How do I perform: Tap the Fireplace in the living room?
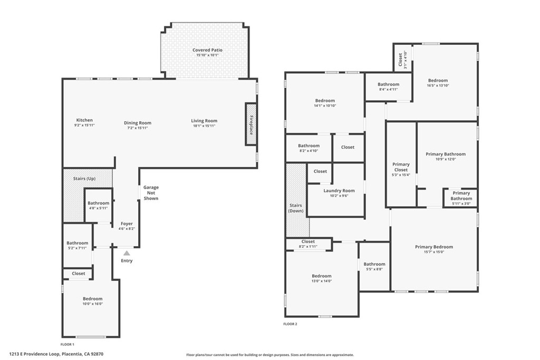[x=250, y=124]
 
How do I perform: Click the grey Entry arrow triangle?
[x=127, y=254]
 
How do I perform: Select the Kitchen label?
[x=84, y=120]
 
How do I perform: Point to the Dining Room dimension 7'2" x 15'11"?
[x=138, y=128]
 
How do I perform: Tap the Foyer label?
[x=127, y=223]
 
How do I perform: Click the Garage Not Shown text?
[x=151, y=193]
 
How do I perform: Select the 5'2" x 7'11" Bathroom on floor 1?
[x=78, y=246]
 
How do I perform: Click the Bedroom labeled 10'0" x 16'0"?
[x=92, y=301]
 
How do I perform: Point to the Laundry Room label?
[x=335, y=191]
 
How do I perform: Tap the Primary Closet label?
[x=401, y=167]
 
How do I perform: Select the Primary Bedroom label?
[x=433, y=247]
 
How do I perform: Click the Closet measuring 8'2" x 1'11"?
[x=308, y=244]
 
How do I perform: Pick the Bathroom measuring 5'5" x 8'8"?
[x=374, y=267]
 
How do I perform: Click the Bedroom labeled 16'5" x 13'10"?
[x=438, y=83]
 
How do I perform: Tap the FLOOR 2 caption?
[x=291, y=324]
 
